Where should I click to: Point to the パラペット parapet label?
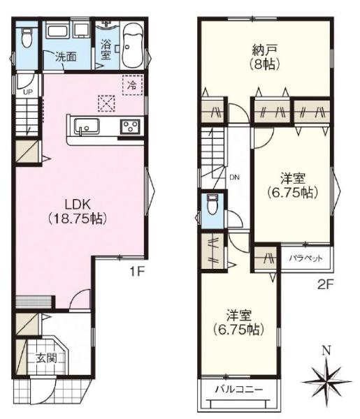(305, 258)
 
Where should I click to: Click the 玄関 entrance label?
(46, 360)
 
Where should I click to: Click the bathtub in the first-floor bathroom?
(131, 43)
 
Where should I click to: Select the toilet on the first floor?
(27, 38)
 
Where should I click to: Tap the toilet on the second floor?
(213, 205)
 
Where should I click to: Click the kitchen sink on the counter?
(87, 127)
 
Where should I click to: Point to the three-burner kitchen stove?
(131, 126)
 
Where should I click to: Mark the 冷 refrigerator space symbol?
(131, 83)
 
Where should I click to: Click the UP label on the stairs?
(27, 91)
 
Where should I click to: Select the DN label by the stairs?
(233, 177)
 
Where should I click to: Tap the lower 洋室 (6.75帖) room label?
(238, 321)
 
